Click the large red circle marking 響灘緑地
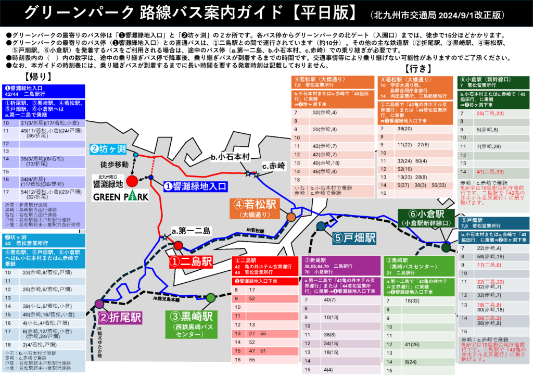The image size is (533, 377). [x=132, y=181]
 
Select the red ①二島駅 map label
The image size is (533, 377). [x=190, y=261]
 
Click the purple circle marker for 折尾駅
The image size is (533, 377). [x=99, y=303]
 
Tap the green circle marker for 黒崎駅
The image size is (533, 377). [x=211, y=297]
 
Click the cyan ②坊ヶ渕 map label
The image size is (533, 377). [x=108, y=149]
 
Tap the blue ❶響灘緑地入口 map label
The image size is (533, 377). [x=195, y=185]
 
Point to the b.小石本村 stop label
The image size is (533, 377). [x=231, y=157]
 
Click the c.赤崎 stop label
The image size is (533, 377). [x=274, y=165]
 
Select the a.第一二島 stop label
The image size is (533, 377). [x=191, y=231]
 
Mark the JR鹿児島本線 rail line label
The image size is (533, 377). [x=166, y=299]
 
